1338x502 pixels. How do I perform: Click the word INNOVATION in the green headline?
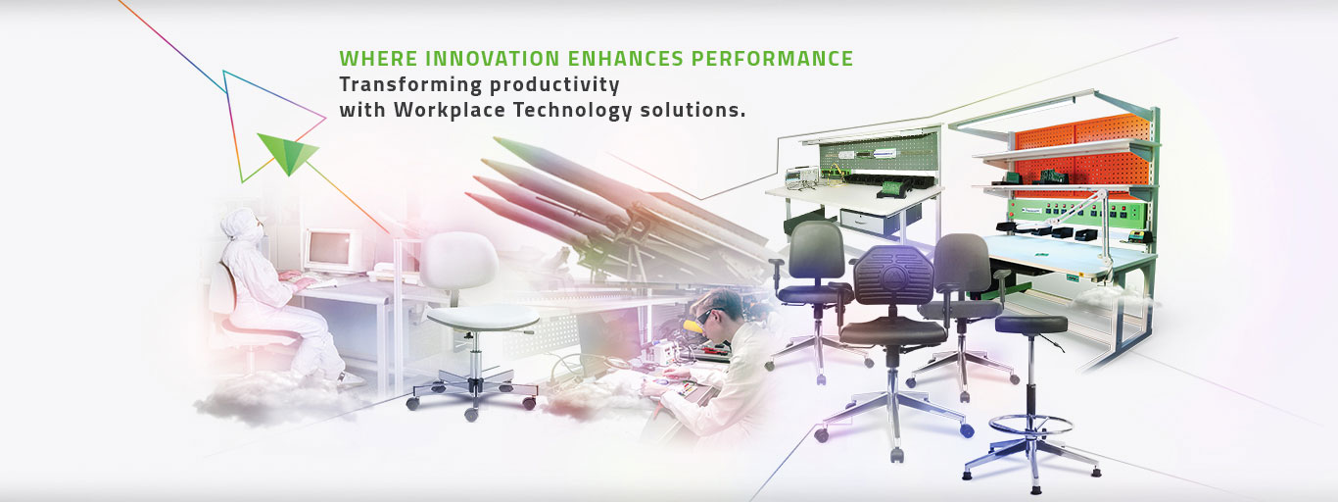[469, 59]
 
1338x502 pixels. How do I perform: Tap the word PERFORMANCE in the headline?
[772, 59]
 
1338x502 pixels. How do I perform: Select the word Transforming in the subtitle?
[406, 84]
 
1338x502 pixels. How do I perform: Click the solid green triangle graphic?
[287, 152]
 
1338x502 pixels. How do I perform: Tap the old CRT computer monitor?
[332, 250]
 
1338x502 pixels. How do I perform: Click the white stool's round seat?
[483, 316]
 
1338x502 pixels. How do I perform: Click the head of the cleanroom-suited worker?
[238, 225]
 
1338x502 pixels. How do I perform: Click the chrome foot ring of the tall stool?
[1029, 426]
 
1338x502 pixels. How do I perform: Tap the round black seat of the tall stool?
[1029, 325]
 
